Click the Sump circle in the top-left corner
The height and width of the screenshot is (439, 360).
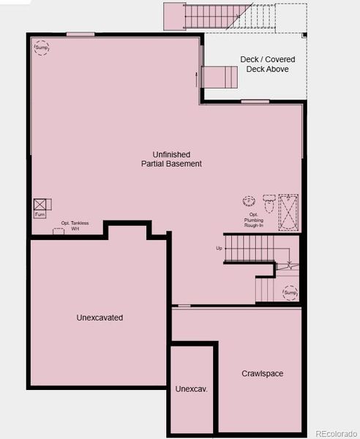pos(41,47)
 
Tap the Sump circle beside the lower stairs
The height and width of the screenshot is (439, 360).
pos(290,292)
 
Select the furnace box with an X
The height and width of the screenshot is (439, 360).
pos(40,204)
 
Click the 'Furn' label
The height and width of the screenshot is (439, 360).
pos(40,215)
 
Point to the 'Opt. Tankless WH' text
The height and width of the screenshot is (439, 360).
pos(70,225)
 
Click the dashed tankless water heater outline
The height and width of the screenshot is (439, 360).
pos(58,231)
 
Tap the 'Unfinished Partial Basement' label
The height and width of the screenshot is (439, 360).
pos(171,159)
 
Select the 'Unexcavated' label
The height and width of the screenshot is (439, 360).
pos(100,318)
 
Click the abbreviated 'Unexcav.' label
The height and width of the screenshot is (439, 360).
pos(192,389)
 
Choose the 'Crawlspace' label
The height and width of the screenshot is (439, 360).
pos(262,374)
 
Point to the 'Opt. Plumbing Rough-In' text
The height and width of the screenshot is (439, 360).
pos(254,220)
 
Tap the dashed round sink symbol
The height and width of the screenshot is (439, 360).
pos(249,200)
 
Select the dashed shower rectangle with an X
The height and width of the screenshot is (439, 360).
pos(288,213)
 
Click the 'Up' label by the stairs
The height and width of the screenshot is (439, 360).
pos(219,248)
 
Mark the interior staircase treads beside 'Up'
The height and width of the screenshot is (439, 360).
pos(249,248)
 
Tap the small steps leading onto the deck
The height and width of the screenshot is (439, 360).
pos(220,75)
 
